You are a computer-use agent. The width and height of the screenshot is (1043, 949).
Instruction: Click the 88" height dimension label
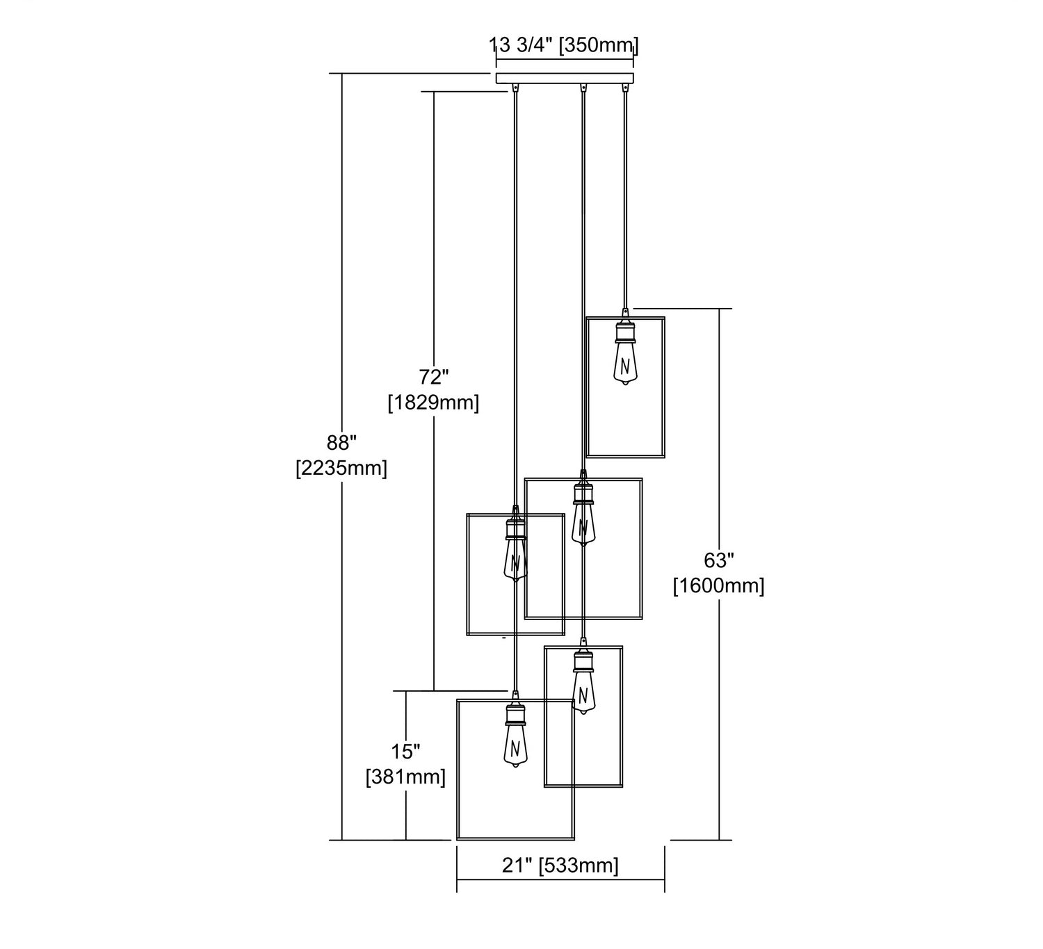pos(341,443)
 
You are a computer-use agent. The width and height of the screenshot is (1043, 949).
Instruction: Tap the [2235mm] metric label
pos(341,468)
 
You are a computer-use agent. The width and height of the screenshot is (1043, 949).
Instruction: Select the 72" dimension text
pos(433,378)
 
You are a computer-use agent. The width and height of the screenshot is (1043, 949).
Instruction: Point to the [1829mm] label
pos(433,403)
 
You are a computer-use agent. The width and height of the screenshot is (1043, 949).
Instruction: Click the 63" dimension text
pos(719,560)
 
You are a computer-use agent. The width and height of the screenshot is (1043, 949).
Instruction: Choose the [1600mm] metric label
pos(719,586)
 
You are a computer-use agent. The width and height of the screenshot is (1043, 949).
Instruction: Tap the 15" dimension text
pos(405,752)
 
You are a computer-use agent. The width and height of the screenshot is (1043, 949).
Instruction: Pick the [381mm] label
pos(405,777)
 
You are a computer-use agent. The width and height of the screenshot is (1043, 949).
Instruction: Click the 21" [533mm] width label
pos(560,866)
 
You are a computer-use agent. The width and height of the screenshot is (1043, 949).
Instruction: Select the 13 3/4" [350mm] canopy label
pos(564,46)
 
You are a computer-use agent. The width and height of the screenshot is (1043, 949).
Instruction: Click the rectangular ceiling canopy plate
pos(565,78)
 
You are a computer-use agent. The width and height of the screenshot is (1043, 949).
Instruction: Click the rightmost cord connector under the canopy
pos(624,89)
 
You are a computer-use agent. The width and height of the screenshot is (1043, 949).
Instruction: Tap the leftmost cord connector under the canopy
pos(515,89)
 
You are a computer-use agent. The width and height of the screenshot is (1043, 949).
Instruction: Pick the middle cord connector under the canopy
pos(583,89)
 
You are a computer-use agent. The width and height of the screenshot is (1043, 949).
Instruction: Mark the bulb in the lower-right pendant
pos(583,693)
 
